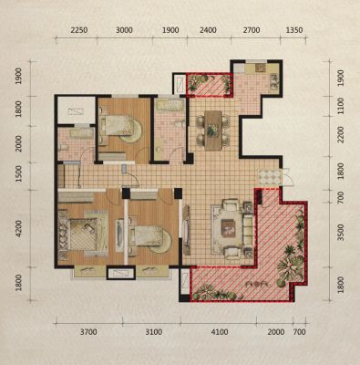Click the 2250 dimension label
click(x=79, y=30)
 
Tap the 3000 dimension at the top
click(x=124, y=30)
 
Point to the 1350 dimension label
click(x=294, y=30)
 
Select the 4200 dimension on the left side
click(x=19, y=229)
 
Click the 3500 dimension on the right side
click(x=341, y=233)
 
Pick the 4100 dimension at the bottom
click(x=220, y=332)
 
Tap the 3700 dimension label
click(x=88, y=332)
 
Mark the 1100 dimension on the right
click(x=341, y=106)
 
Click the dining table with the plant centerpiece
click(x=213, y=130)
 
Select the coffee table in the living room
click(x=228, y=228)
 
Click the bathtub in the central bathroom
click(x=169, y=106)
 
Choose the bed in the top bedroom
click(x=117, y=125)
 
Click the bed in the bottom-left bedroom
click(x=84, y=234)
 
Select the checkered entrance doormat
click(x=269, y=177)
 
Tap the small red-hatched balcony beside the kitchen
click(x=209, y=85)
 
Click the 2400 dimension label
click(x=208, y=30)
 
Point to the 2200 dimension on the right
click(x=341, y=135)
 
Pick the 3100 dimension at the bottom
click(x=153, y=332)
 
